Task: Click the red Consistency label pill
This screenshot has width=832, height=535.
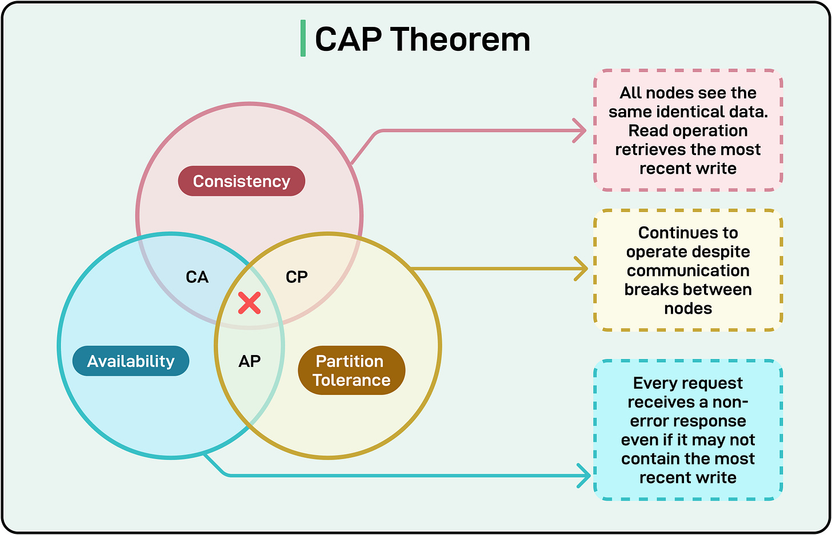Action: point(241,181)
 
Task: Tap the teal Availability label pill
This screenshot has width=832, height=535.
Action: point(131,361)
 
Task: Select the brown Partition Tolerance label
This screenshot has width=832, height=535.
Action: point(351,370)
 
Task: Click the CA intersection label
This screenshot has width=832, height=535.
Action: point(197,277)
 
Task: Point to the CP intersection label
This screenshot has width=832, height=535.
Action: point(297,277)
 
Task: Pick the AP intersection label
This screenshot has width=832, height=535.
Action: point(250,361)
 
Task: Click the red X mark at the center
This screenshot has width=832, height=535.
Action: point(250,303)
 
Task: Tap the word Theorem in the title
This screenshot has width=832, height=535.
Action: point(460,39)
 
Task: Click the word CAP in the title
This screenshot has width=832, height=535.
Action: point(348,39)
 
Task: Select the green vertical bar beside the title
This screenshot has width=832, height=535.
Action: point(303,39)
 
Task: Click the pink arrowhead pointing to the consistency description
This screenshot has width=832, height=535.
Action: point(581,131)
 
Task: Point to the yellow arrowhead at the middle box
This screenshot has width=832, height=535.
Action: point(582,269)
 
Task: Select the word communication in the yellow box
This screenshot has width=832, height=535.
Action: point(688,270)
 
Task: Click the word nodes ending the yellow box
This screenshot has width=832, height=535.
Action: point(688,308)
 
